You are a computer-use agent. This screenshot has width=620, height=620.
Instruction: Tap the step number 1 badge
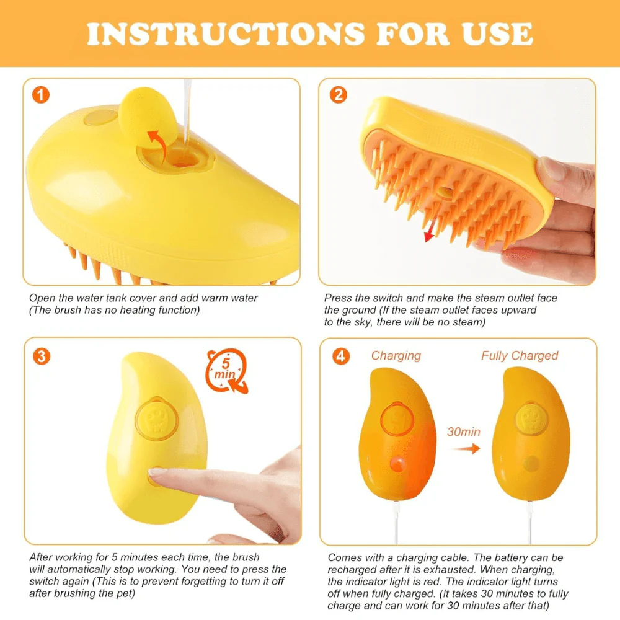41,95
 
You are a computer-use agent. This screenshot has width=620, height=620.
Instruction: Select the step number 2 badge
338,95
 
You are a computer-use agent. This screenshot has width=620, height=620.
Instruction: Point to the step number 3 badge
41,356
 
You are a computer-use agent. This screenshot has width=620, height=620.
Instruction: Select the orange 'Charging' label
396,355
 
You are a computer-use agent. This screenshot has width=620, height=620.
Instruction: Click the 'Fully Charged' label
520,355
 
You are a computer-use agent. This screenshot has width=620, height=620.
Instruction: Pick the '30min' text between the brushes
464,432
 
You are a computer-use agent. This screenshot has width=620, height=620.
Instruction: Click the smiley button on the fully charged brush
531,418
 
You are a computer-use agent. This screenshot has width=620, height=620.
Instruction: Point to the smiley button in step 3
156,420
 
